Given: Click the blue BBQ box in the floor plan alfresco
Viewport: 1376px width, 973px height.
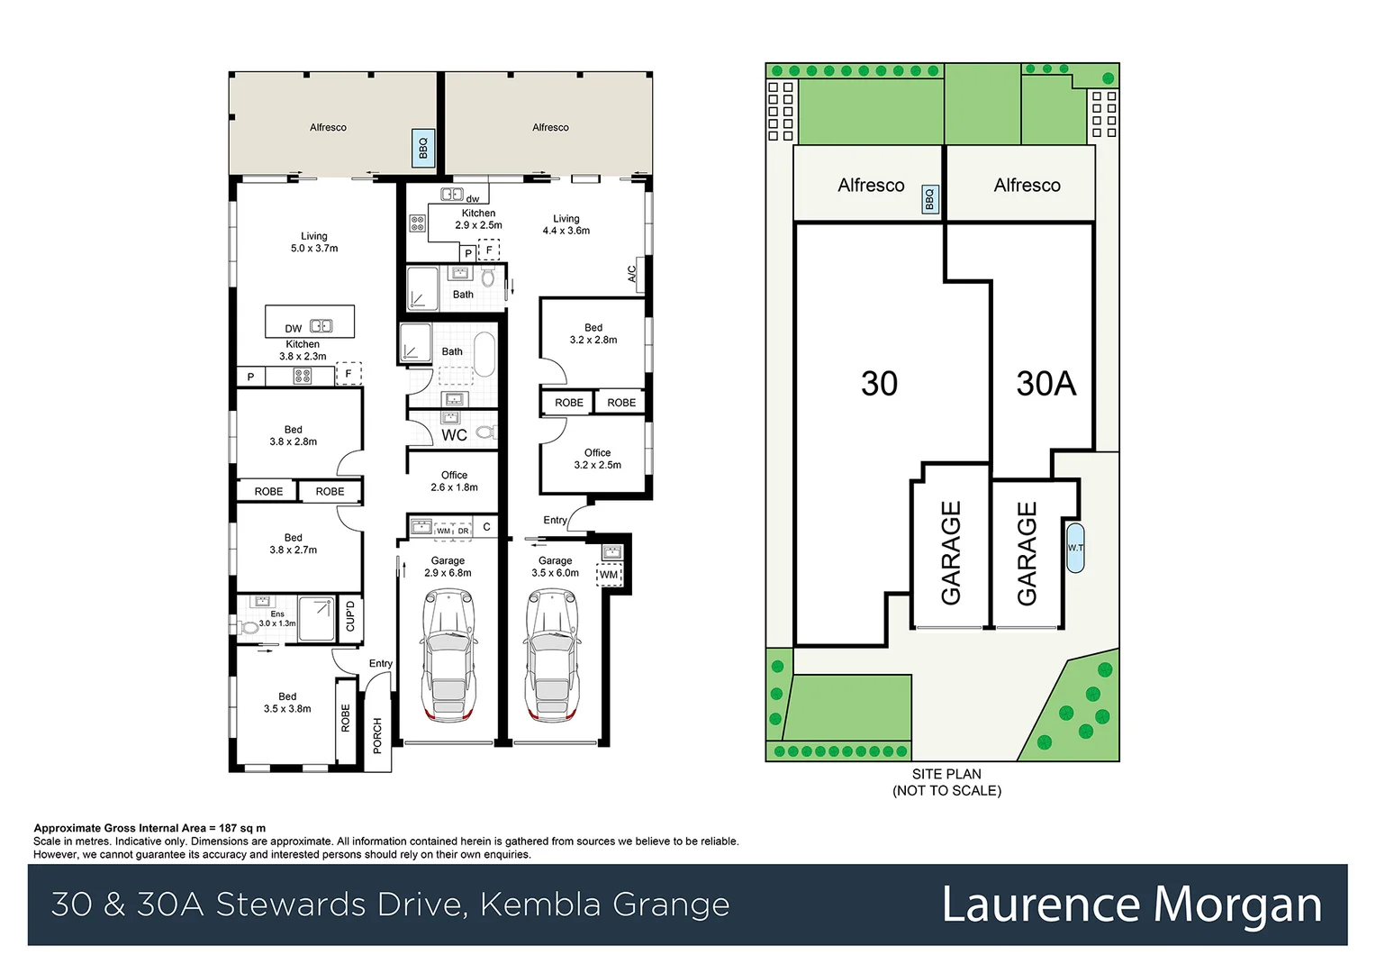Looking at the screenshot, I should click(423, 147).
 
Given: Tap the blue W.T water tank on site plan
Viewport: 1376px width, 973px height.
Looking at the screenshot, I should click(1075, 548).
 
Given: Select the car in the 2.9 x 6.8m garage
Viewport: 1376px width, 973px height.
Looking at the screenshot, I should click(448, 655).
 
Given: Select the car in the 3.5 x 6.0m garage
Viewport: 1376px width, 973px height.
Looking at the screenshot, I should click(552, 655).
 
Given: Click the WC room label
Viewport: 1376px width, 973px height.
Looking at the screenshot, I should click(454, 435).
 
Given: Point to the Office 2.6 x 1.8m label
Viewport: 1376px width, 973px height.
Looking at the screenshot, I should click(454, 481).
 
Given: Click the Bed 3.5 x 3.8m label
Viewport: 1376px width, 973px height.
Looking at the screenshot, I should click(287, 703).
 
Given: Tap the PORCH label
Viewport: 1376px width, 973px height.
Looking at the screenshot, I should click(377, 735).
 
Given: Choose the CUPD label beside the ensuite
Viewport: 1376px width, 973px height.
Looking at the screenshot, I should click(350, 616).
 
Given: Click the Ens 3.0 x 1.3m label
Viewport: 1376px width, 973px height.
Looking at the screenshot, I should click(276, 619).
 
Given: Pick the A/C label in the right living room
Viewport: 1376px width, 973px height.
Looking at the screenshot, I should click(632, 273).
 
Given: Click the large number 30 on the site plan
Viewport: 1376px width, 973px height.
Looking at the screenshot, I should click(879, 384).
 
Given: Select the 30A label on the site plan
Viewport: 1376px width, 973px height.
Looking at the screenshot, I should click(1046, 384).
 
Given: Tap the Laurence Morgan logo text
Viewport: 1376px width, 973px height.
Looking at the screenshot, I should click(1131, 905).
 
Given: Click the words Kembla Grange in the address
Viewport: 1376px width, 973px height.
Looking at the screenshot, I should click(604, 905).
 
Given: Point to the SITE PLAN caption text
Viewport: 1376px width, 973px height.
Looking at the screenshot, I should click(946, 774).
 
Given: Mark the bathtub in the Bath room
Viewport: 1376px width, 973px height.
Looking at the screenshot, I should click(484, 354).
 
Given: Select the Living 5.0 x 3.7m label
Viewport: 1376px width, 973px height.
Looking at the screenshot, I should click(314, 242).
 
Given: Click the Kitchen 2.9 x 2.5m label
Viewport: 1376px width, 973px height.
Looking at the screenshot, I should click(478, 219).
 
